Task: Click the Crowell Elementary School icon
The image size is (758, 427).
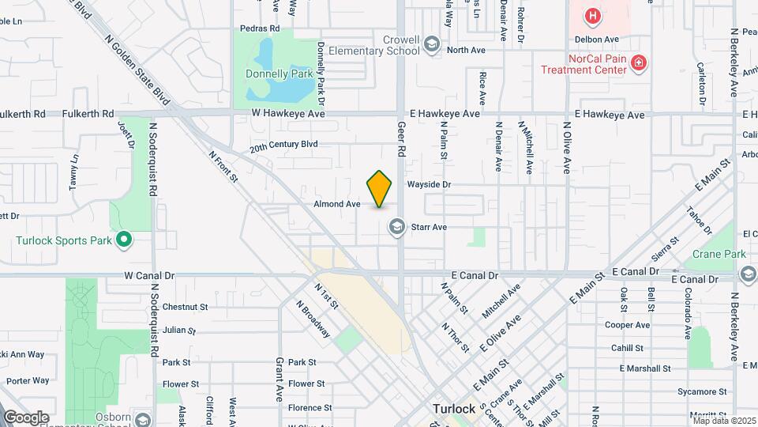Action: (431, 44)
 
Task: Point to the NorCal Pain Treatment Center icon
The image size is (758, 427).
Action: (639, 63)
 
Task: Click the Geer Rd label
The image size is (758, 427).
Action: (401, 139)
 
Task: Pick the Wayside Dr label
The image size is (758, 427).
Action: (429, 185)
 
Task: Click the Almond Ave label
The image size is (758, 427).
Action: (336, 204)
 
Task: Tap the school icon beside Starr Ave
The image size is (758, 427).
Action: (396, 228)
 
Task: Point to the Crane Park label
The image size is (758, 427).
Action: (719, 255)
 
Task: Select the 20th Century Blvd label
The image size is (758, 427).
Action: (283, 146)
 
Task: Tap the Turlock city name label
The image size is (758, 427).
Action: (453, 409)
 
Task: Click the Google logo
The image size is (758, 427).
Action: (25, 417)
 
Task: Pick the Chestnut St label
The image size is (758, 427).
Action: (186, 307)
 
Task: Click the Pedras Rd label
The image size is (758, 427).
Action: (261, 28)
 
